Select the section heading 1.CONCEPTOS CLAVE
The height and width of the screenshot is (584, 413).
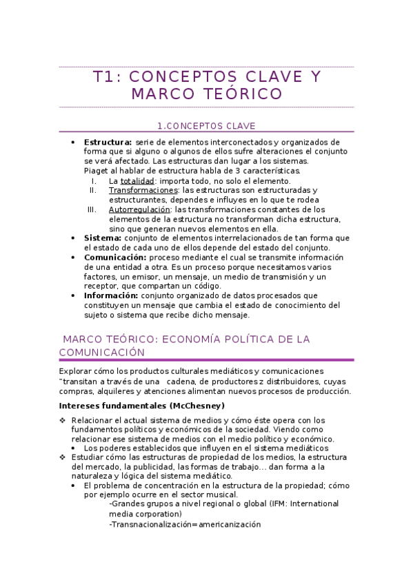coord(206,126)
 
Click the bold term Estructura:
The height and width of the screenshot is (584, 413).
coord(108,142)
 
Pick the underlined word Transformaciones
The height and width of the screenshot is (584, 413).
coord(143,190)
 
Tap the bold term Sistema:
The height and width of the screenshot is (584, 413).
coord(102,238)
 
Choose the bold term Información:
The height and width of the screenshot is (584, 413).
coord(112,295)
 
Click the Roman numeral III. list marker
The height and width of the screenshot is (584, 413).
coord(92,209)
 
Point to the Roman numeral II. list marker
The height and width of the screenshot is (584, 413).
coord(93,190)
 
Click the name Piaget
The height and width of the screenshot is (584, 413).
coord(96,171)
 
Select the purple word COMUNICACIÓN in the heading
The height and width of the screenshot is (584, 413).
coord(102,352)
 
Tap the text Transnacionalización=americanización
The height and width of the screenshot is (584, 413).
coord(185,524)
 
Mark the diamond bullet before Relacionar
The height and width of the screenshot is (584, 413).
coord(63,420)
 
